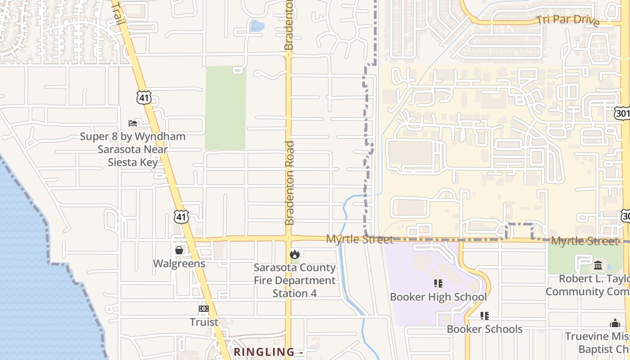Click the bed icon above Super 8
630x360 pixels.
(133, 123)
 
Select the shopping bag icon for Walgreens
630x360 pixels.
(179, 250)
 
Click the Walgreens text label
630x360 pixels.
(179, 264)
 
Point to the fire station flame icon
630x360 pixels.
(295, 255)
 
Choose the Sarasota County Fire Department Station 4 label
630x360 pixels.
(295, 280)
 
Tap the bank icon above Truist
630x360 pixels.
(204, 309)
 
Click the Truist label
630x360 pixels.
(204, 322)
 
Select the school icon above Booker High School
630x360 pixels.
(438, 283)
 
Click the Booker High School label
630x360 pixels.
(438, 297)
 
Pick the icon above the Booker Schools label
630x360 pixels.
(485, 316)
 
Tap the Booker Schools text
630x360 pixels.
(485, 329)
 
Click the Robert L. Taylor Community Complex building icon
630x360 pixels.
(598, 265)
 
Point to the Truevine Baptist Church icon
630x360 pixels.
(615, 324)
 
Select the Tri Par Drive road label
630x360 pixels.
(567, 21)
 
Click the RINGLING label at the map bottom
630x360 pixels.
(265, 352)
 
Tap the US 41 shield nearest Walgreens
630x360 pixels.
(181, 216)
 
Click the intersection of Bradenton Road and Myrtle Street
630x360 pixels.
(288, 238)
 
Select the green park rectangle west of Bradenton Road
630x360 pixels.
(225, 108)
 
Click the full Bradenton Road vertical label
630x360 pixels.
(289, 183)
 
